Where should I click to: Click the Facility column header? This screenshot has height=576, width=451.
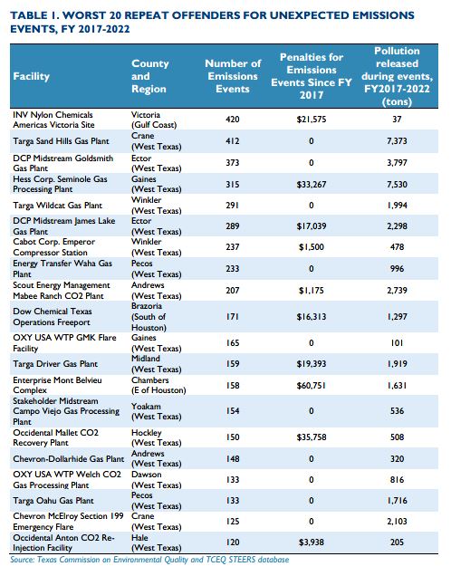(31, 76)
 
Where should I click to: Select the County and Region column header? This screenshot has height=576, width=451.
(150, 76)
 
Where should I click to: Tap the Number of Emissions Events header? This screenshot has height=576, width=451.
(233, 76)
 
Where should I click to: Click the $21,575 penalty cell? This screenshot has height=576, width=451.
(312, 120)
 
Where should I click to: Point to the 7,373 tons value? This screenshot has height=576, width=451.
(397, 141)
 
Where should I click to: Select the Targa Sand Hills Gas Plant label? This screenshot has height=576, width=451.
(61, 141)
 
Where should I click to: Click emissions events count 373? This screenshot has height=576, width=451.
(233, 163)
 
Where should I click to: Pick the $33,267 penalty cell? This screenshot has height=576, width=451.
(312, 185)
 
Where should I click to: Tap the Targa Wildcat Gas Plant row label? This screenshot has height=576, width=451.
(58, 206)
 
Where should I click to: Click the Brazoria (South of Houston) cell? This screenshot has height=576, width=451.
(149, 317)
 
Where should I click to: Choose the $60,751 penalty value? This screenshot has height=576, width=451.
(312, 386)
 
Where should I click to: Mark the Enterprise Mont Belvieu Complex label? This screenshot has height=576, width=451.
(57, 385)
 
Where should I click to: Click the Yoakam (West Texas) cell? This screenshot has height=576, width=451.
(157, 411)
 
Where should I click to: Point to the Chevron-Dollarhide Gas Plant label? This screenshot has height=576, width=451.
(69, 459)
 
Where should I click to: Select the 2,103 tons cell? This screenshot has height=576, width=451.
(397, 522)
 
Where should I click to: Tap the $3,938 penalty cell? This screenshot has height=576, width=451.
(312, 542)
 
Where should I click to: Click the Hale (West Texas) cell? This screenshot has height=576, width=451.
(157, 542)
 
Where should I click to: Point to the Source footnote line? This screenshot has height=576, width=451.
(149, 560)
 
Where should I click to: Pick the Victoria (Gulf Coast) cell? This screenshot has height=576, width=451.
(154, 120)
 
